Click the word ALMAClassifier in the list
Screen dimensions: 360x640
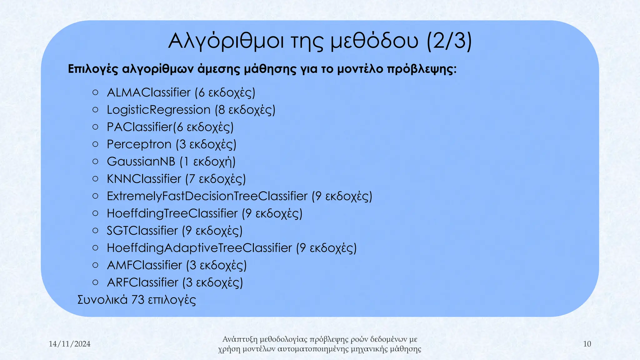[x=149, y=93]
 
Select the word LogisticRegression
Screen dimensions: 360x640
[x=159, y=110]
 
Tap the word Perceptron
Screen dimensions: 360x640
[x=139, y=144]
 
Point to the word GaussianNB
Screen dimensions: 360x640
[x=141, y=162]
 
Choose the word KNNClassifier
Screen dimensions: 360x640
[x=144, y=179]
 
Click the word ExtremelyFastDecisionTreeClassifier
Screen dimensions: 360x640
[x=207, y=196]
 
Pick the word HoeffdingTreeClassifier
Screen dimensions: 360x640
[x=172, y=213]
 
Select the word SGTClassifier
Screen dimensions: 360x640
[x=142, y=231]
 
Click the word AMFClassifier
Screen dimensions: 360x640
[x=144, y=265]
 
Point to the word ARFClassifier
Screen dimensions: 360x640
[x=142, y=282]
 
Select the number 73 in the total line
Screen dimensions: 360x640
[x=138, y=300]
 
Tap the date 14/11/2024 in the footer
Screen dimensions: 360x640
[x=70, y=344]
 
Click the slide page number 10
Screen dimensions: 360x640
[x=587, y=344]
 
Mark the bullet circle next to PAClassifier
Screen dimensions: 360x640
[x=96, y=127]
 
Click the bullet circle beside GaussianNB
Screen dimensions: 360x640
[x=96, y=162]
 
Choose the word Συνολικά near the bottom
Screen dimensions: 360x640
[x=102, y=300]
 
